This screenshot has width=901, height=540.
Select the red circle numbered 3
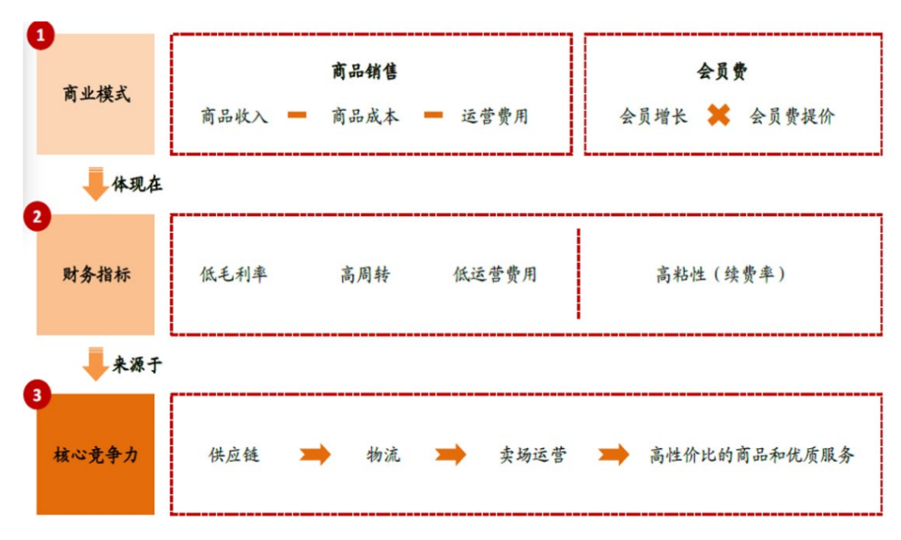coord(38,396)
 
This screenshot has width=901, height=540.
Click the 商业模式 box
coord(96,94)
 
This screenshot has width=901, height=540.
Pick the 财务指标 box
coord(96,275)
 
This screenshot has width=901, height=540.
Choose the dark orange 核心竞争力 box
coord(96,455)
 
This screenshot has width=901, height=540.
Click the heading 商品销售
coord(364,72)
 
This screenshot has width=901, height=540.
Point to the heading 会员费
coord(722,72)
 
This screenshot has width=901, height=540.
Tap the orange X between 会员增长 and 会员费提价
coord(718,115)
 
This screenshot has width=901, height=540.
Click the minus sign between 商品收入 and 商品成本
coord(298,115)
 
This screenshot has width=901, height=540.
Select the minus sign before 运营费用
coord(433,115)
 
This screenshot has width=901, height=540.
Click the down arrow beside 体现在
coord(96,184)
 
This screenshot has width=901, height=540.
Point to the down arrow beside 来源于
coord(96,364)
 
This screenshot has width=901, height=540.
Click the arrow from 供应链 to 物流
coord(315,455)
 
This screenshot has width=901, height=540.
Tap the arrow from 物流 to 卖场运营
coord(450,455)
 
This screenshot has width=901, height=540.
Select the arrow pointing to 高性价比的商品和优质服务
coord(614,455)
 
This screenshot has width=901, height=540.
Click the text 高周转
coord(365,275)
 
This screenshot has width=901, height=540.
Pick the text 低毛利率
coord(234,275)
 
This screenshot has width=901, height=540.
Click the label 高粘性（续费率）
coord(722,275)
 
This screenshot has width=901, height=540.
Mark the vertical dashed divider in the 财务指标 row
coord(578,274)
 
